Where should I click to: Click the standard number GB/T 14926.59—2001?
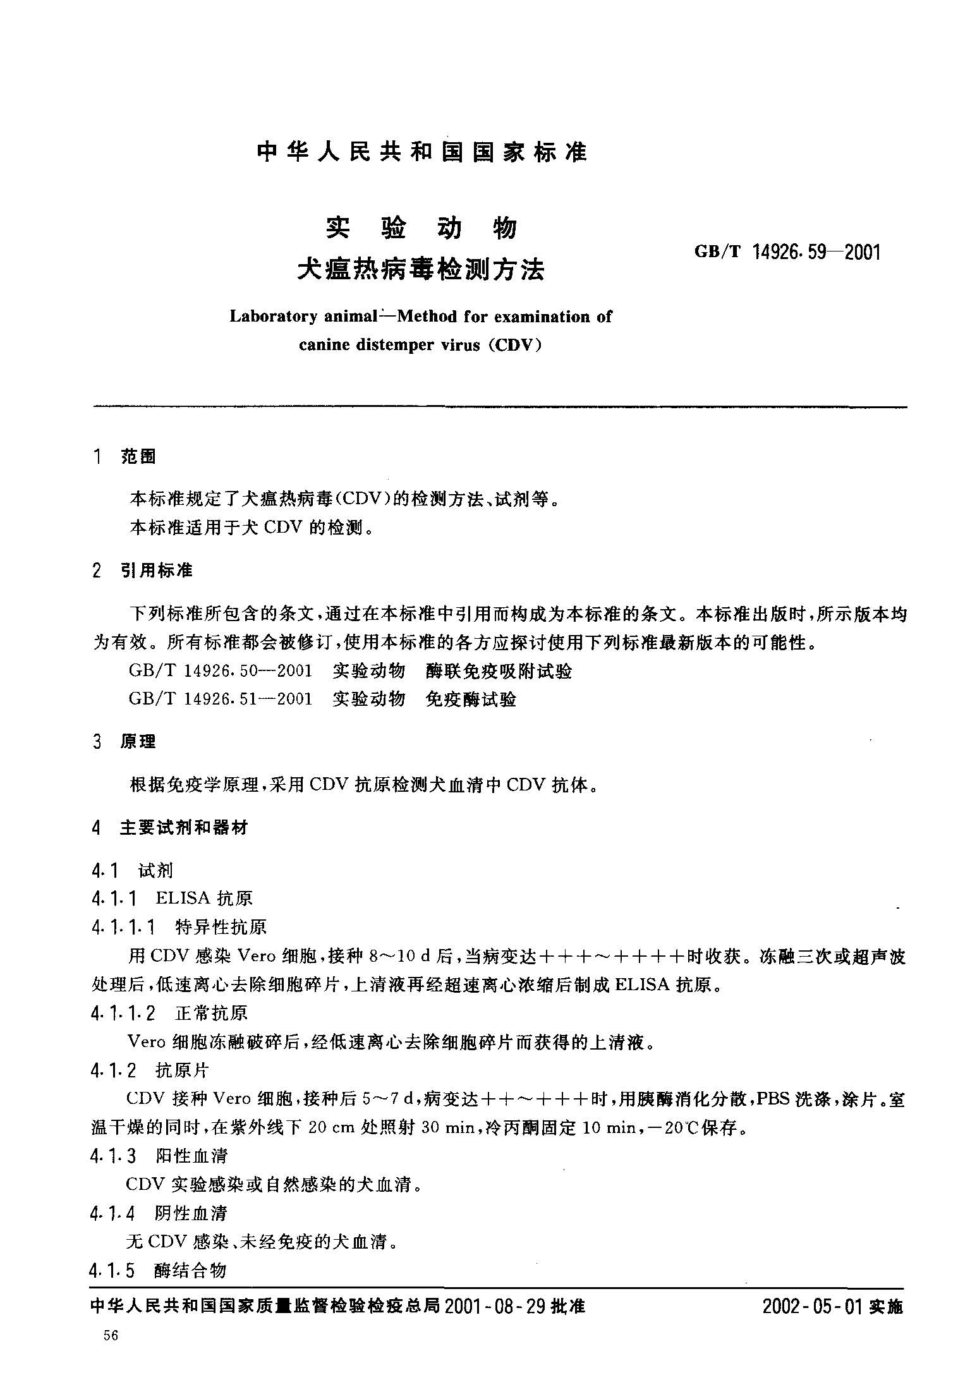(x=786, y=252)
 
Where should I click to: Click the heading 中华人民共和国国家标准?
(x=422, y=152)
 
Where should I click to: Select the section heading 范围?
(x=138, y=457)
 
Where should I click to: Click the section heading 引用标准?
(x=156, y=571)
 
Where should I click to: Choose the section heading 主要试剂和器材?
(x=184, y=827)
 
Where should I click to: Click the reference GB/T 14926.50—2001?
(x=220, y=671)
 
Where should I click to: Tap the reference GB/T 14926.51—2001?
(x=220, y=699)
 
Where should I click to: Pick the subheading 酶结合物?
(x=190, y=1270)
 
